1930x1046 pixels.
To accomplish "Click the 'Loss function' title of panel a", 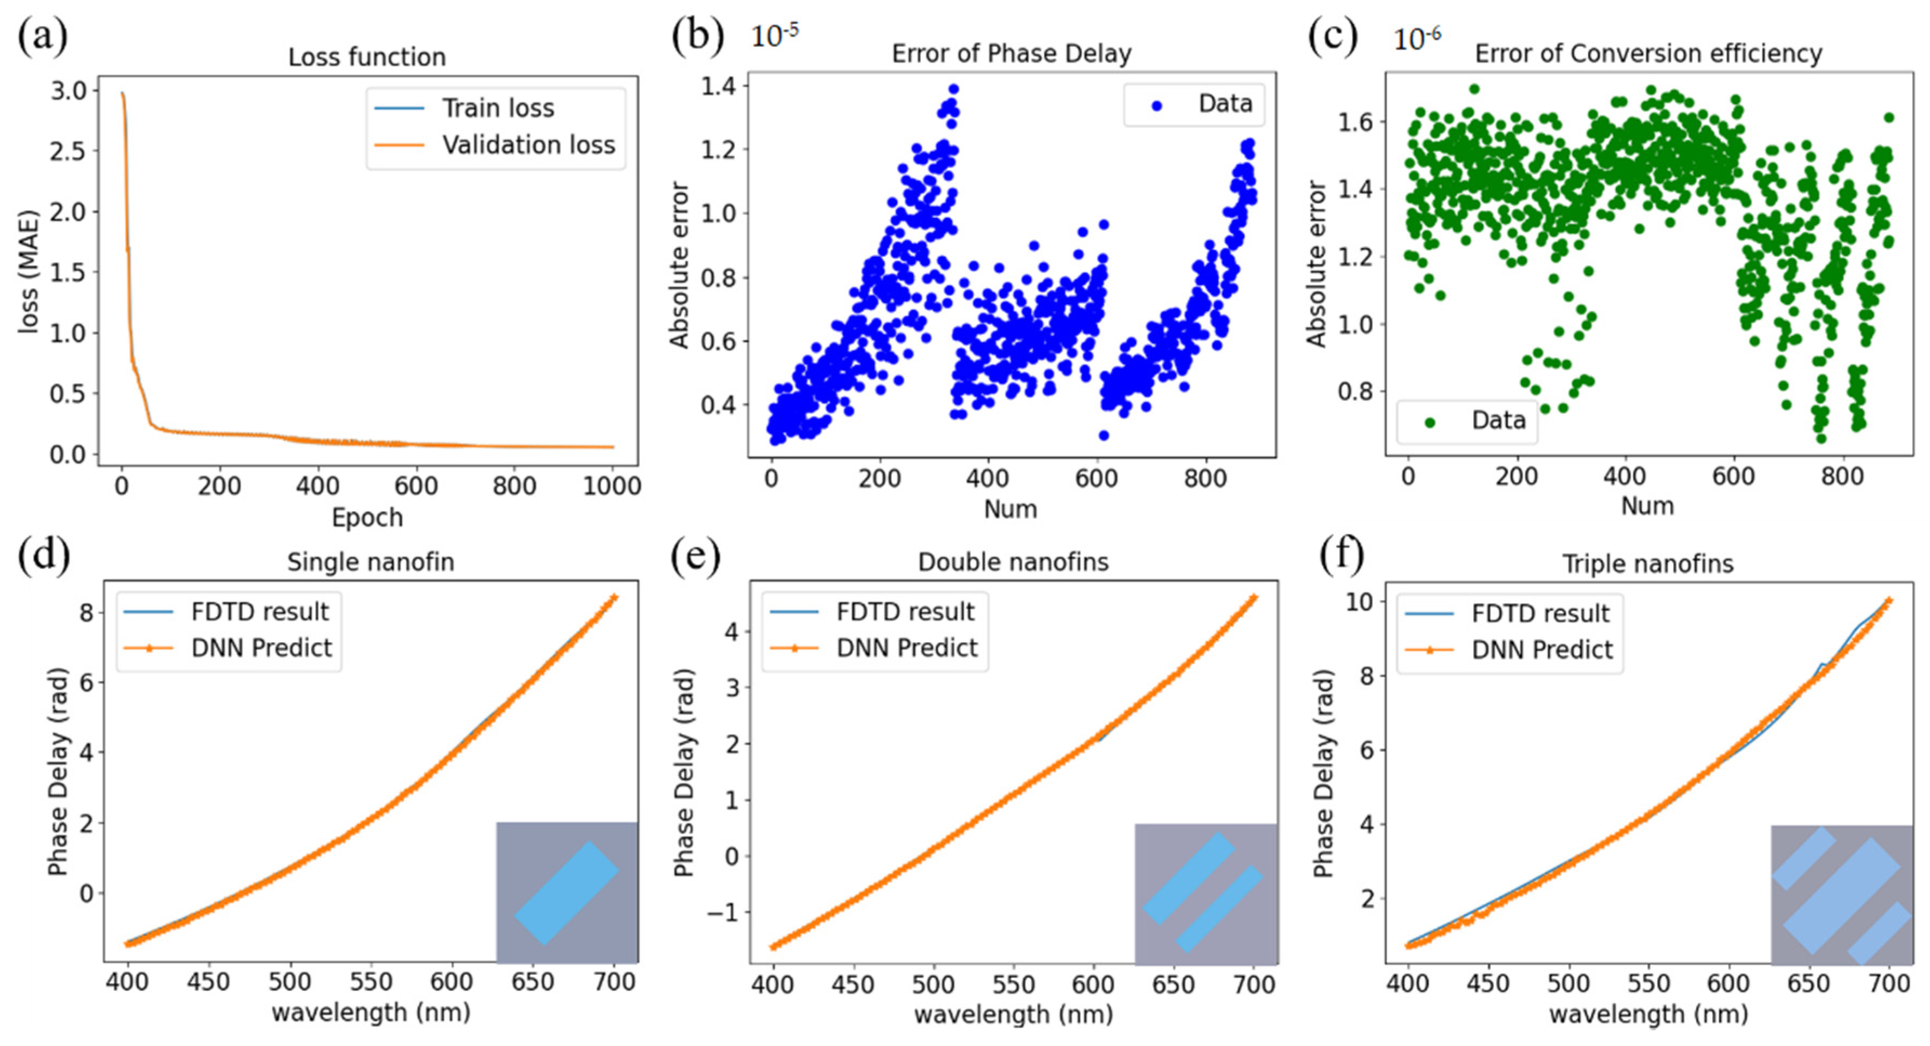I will [x=366, y=57].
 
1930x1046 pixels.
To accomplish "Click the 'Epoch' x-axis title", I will [x=366, y=517].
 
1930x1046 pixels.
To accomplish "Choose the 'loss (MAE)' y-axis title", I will [x=29, y=271].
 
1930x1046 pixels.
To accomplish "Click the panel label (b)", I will [x=697, y=35].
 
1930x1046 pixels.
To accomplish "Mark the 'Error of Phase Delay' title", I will [x=1011, y=53].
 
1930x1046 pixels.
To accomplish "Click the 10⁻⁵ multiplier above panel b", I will [x=774, y=35].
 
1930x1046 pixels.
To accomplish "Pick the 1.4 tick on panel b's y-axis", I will [x=718, y=86].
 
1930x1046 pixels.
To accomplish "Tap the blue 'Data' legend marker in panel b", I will [x=1156, y=105].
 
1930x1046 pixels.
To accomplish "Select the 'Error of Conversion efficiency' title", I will [x=1648, y=53].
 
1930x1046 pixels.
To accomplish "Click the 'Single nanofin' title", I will [x=370, y=562].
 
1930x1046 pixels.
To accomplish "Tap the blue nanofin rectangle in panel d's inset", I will [x=567, y=892].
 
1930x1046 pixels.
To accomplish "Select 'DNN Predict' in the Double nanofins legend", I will [x=906, y=648].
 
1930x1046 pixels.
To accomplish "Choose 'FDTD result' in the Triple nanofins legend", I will [x=1540, y=613].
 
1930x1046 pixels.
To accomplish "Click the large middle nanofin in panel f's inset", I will [x=1841, y=895].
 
